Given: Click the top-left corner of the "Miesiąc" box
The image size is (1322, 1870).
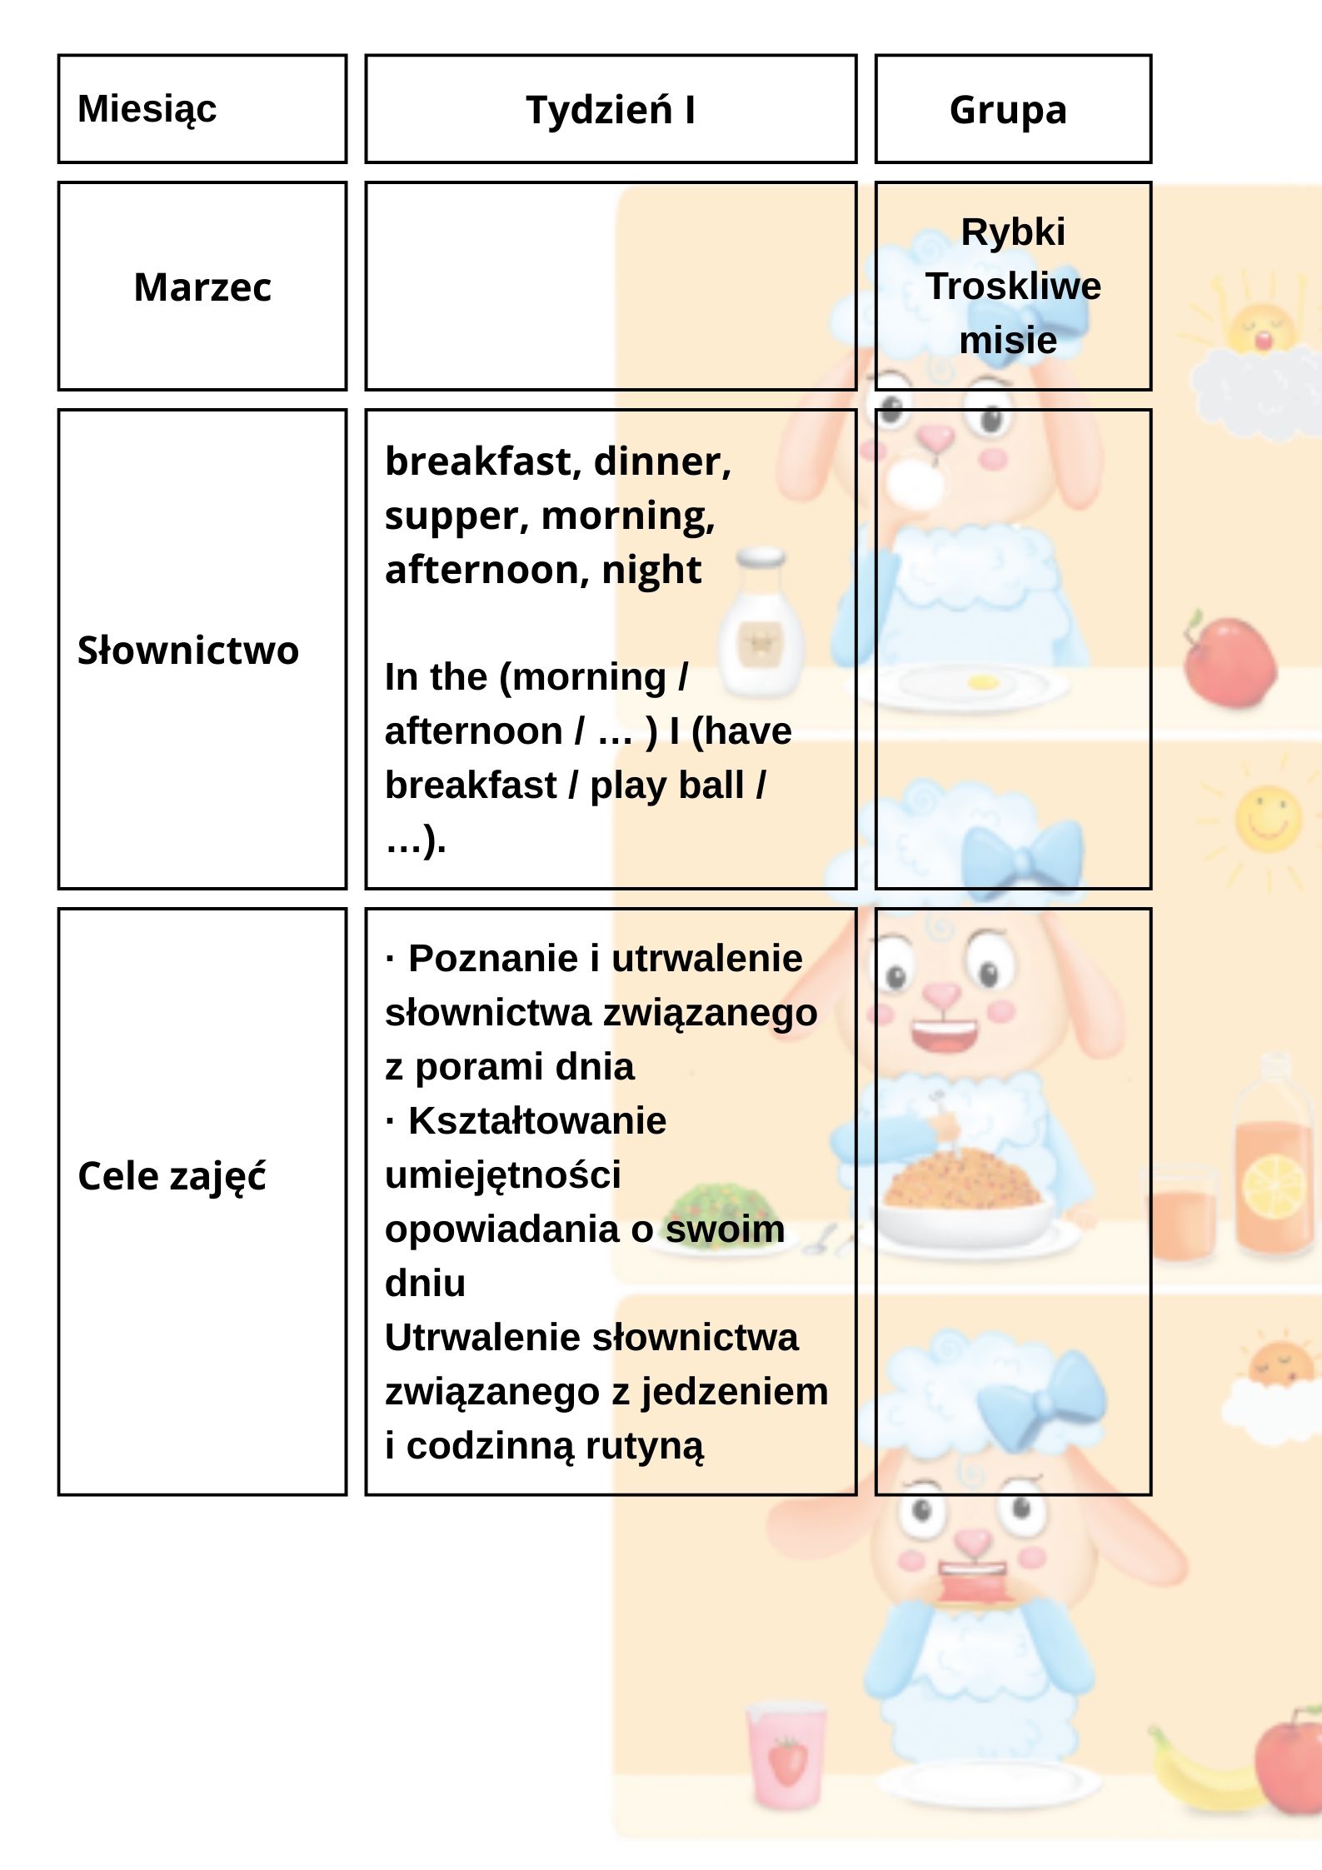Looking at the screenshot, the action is click(58, 56).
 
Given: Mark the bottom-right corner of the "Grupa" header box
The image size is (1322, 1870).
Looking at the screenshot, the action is click(1151, 162).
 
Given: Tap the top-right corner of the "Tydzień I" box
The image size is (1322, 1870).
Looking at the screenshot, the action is click(856, 56).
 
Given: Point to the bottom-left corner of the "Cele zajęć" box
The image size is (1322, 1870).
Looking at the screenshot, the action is click(58, 1494).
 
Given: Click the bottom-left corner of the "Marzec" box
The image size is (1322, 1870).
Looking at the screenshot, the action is click(58, 389).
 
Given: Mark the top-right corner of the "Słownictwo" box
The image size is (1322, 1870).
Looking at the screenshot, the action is click(346, 410).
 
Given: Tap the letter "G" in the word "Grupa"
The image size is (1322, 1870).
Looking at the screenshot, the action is click(962, 109).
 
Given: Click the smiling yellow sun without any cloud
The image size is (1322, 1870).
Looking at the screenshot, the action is click(1267, 817).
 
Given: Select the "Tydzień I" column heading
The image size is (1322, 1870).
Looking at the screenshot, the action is click(611, 109).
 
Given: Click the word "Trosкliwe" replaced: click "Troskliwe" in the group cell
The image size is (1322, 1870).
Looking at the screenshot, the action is click(1013, 286).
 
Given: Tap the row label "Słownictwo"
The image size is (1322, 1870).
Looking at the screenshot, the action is click(188, 650).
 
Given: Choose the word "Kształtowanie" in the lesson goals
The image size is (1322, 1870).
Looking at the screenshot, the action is click(537, 1120).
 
